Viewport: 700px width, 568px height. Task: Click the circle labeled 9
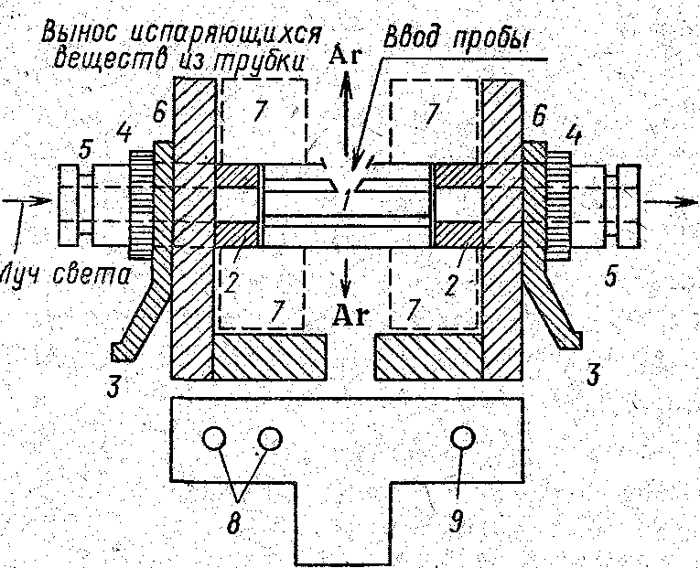pyautogui.click(x=464, y=439)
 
